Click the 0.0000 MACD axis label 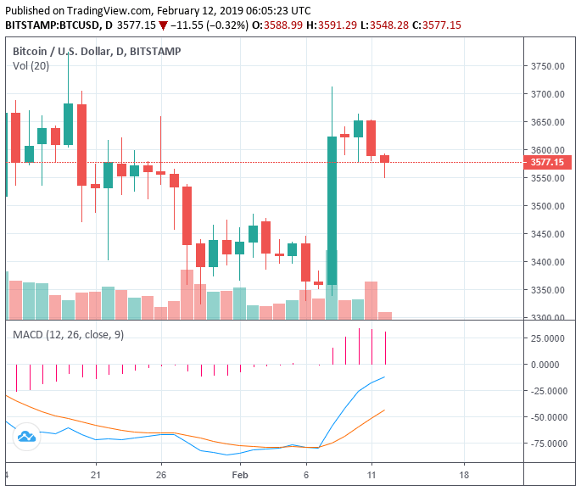click(x=551, y=365)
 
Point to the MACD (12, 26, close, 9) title click(x=68, y=335)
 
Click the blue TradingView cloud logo click(x=25, y=436)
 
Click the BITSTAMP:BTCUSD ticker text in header click(x=58, y=25)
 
